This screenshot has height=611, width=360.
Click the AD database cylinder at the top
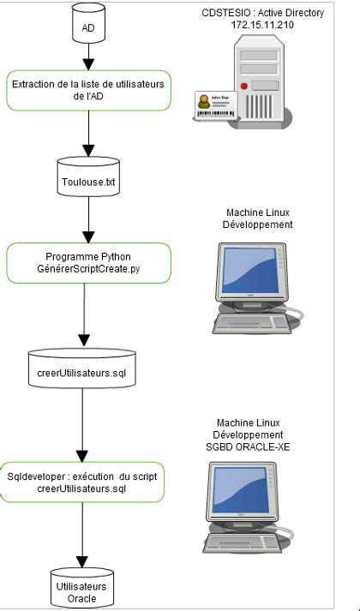click(88, 27)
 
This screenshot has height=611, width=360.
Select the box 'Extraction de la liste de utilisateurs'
click(88, 91)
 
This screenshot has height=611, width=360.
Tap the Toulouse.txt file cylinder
click(88, 178)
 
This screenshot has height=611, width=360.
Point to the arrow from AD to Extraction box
click(88, 57)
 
